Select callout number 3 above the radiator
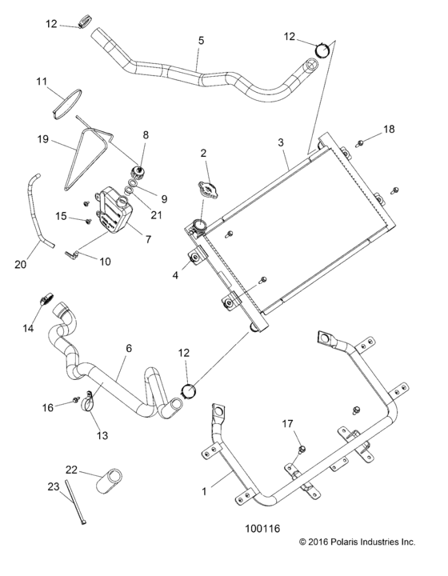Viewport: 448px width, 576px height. [x=281, y=142]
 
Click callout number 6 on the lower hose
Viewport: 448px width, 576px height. [x=127, y=349]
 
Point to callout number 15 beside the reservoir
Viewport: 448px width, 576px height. [x=62, y=216]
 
